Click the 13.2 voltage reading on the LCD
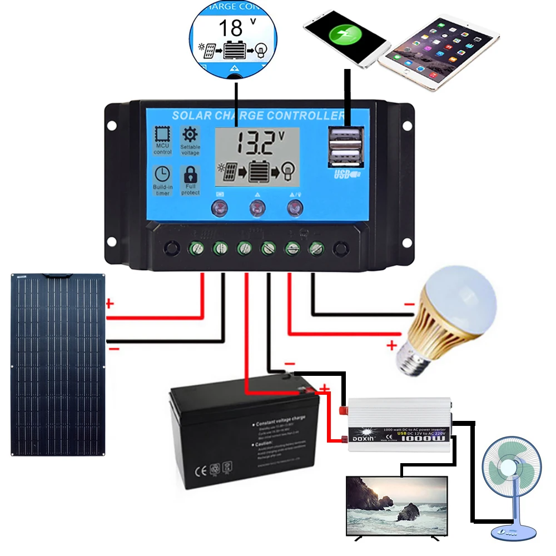click(x=254, y=143)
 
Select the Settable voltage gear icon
click(x=190, y=135)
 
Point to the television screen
click(x=396, y=505)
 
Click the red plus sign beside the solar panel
click(x=110, y=304)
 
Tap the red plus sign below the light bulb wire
click(x=391, y=346)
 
